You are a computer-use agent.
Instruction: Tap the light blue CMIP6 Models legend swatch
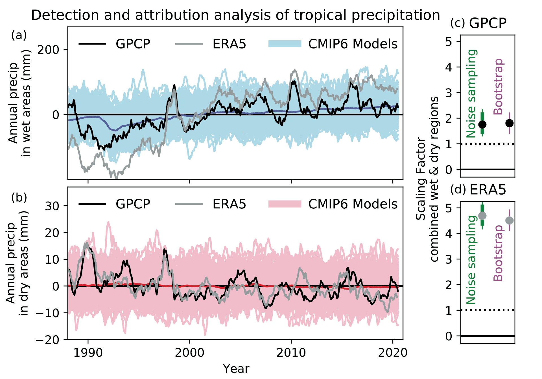pyautogui.click(x=285, y=44)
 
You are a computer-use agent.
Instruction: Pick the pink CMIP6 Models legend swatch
pyautogui.click(x=285, y=204)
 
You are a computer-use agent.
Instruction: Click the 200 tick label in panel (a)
pyautogui.click(x=48, y=50)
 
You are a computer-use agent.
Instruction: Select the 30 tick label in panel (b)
pyautogui.click(x=52, y=206)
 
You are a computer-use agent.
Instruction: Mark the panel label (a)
pyautogui.click(x=19, y=35)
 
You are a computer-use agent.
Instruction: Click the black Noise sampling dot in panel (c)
pyautogui.click(x=482, y=124)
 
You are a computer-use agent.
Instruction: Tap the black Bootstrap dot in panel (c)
pyautogui.click(x=510, y=123)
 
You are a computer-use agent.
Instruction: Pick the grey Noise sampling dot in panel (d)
pyautogui.click(x=482, y=216)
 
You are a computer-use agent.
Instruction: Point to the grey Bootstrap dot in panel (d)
pyautogui.click(x=510, y=220)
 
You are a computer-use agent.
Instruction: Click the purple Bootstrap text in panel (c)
pyautogui.click(x=499, y=87)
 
